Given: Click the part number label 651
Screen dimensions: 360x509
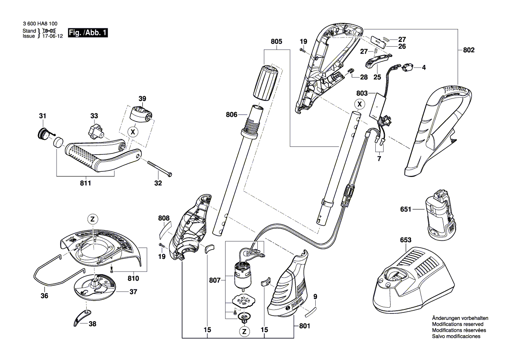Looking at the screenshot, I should click(x=406, y=210).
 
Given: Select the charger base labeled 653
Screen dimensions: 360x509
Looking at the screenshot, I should click(x=418, y=279).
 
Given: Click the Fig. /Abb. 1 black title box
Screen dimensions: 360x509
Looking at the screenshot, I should click(x=88, y=33).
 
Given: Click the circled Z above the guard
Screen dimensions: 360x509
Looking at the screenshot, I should click(x=92, y=219).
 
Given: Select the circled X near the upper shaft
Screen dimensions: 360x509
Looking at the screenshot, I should click(x=359, y=104).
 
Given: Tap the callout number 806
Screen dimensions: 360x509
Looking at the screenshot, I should click(x=232, y=115).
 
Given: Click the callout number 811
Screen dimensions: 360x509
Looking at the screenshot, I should click(x=85, y=183).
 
